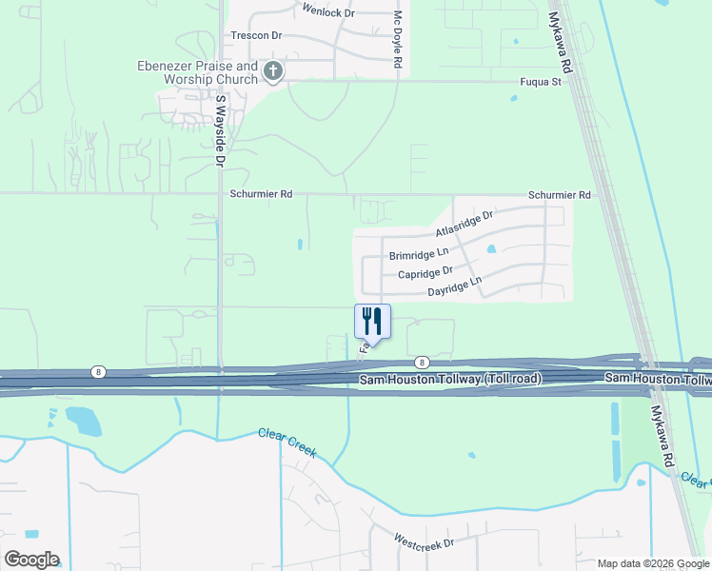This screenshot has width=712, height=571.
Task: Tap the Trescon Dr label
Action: (257, 35)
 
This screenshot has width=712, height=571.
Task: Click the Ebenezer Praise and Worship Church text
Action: (197, 73)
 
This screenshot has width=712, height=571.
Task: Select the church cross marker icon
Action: (273, 71)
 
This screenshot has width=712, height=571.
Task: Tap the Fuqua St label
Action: (541, 83)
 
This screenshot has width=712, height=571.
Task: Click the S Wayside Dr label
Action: (220, 131)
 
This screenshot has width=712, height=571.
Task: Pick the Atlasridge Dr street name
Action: (465, 225)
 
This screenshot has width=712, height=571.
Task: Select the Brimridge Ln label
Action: (418, 255)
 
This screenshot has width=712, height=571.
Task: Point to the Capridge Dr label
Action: (424, 274)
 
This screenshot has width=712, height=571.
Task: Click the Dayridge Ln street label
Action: (455, 286)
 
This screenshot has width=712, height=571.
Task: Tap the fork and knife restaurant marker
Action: (372, 322)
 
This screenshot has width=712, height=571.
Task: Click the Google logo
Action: (31, 559)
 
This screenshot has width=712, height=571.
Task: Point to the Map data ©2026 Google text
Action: (653, 563)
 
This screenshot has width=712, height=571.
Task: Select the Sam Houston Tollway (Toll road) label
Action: (450, 379)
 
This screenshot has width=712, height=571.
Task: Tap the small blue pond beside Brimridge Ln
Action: (491, 250)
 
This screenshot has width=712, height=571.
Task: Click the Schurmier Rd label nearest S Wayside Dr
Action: (260, 194)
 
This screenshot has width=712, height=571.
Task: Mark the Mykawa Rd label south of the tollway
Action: (662, 434)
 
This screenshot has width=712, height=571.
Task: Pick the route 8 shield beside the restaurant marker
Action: (421, 363)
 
